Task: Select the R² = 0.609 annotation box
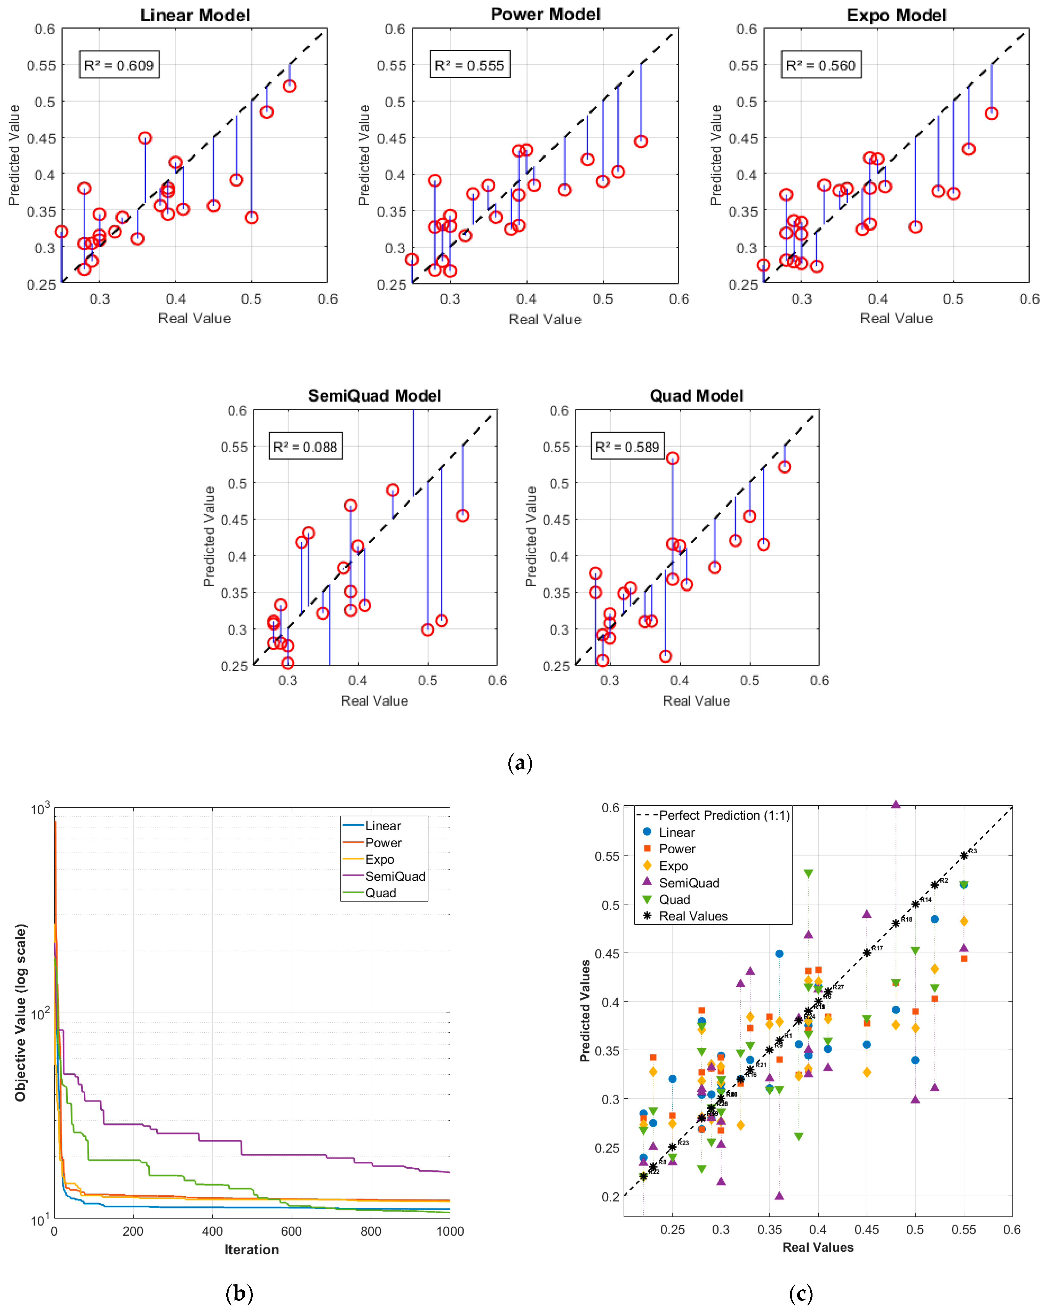click(x=119, y=65)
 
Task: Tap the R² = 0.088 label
click(x=305, y=447)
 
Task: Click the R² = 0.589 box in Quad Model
click(x=627, y=447)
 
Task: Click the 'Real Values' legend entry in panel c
click(x=693, y=916)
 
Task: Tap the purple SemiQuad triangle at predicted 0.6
click(x=896, y=804)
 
